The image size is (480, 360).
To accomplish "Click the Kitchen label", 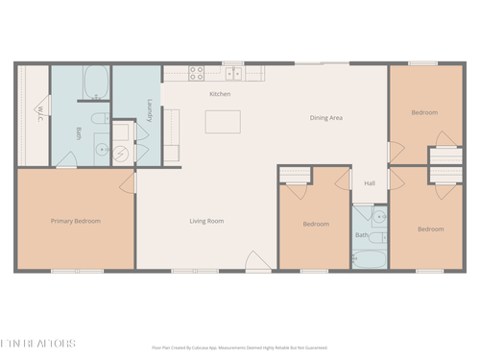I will click(220, 94).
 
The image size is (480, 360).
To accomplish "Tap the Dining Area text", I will click(326, 117).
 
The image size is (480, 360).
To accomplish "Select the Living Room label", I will click(205, 222).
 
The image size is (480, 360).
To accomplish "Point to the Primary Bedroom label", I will click(76, 221).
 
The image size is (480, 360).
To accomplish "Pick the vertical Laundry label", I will click(150, 112).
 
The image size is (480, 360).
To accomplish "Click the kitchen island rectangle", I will click(223, 121).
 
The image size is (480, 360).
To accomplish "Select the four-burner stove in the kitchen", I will click(196, 70).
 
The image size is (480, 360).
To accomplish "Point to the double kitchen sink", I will click(233, 71).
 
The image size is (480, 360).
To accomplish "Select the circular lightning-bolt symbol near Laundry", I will click(121, 153).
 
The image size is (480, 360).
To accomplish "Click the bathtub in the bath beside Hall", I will click(369, 257).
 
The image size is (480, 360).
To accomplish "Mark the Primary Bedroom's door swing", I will click(128, 180).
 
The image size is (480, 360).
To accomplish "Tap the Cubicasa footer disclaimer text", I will click(240, 348).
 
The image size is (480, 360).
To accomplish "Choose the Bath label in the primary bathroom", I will click(77, 132).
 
